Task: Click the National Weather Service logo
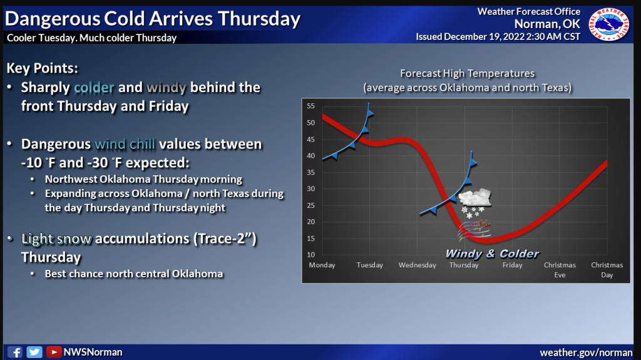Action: (608, 24)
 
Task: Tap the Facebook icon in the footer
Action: (15, 352)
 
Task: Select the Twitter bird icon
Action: (34, 352)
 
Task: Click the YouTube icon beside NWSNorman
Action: (54, 352)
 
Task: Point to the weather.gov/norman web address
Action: (586, 352)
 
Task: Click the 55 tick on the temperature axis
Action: (310, 106)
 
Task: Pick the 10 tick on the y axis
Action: (310, 254)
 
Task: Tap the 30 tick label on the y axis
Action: (310, 188)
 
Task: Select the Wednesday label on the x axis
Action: (417, 265)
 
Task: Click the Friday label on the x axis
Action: (512, 265)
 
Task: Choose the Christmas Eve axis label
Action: (560, 270)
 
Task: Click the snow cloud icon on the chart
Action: (474, 198)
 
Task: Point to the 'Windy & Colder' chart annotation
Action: (492, 254)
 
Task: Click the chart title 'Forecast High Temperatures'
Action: (467, 73)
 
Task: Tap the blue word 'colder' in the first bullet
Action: (94, 88)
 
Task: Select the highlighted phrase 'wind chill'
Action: (125, 145)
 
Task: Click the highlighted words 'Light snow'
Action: (56, 239)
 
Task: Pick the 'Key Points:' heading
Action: (42, 68)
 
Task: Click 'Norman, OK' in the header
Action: (547, 24)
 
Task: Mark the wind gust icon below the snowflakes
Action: (474, 230)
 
